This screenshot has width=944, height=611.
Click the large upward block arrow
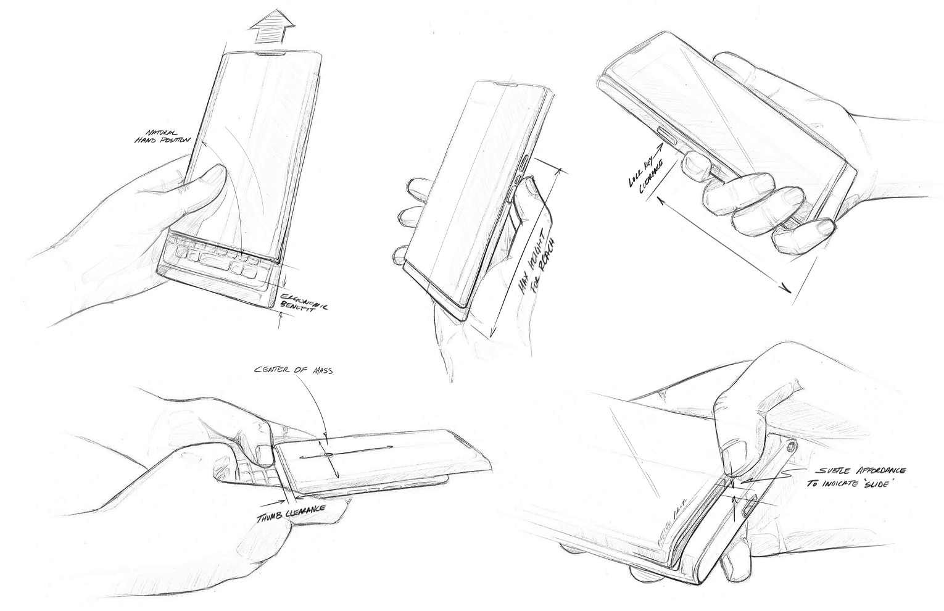(273, 28)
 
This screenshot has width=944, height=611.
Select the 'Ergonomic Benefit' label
(304, 302)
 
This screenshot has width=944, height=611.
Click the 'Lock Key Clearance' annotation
(645, 173)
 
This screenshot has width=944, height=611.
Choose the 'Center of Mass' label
(294, 370)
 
